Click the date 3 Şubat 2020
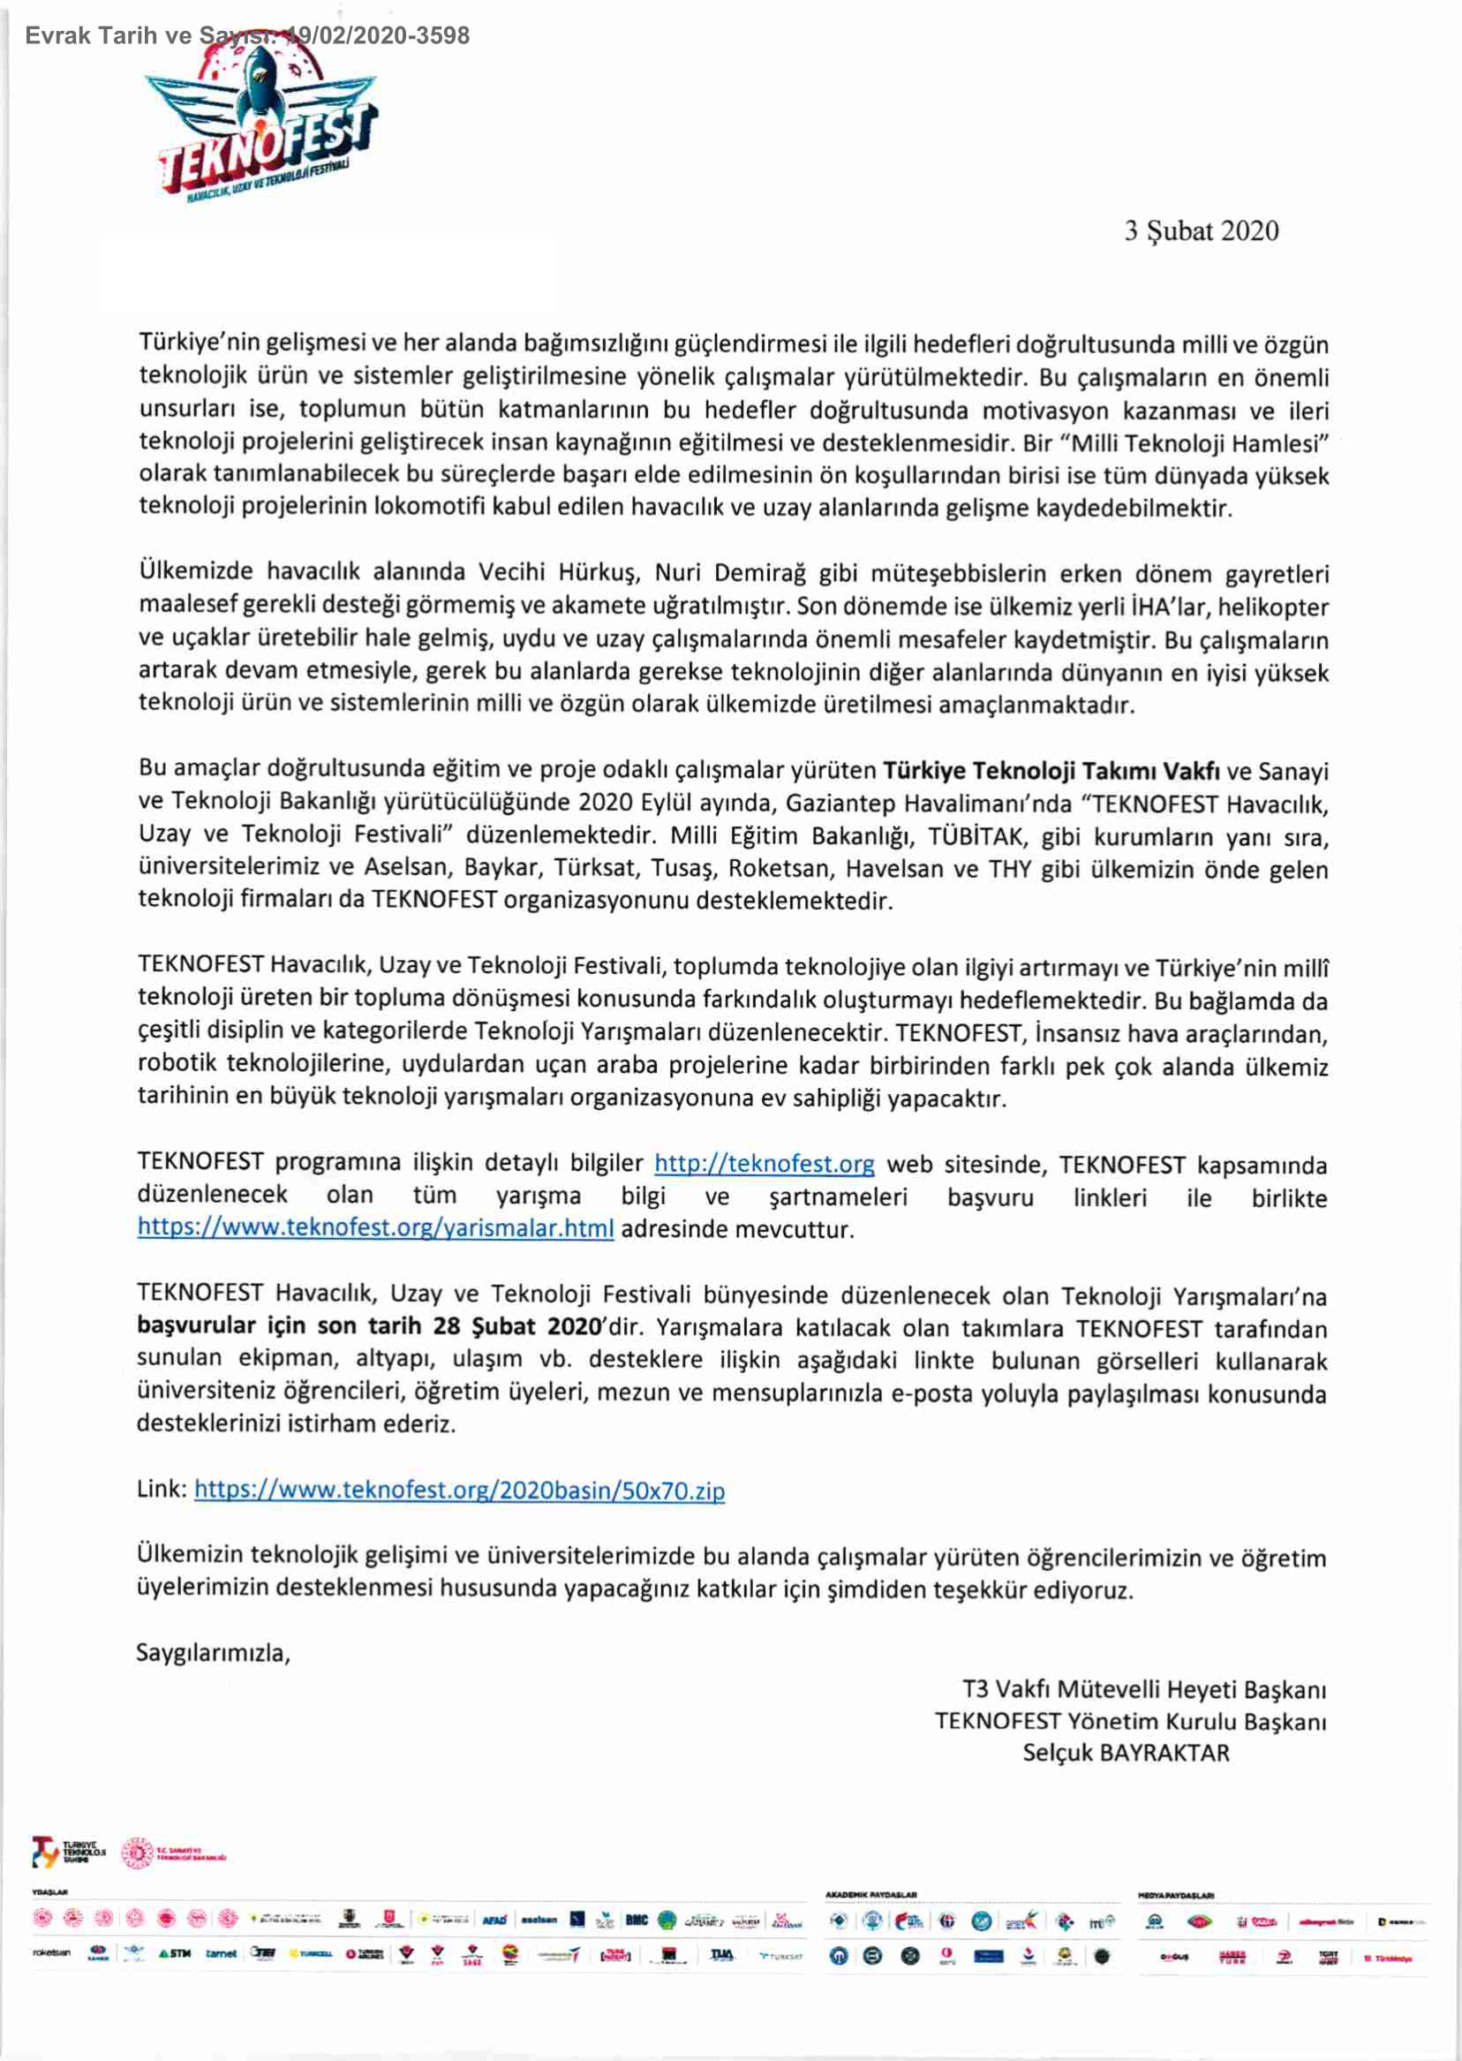tap(1200, 231)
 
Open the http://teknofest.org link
tap(764, 1163)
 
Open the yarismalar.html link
tap(375, 1228)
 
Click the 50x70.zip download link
tap(459, 1491)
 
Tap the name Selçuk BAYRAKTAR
tap(1126, 1753)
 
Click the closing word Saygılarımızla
tap(213, 1653)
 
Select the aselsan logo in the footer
tap(539, 1920)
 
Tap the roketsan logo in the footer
tap(51, 1953)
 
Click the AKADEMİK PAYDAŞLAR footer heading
tap(870, 1895)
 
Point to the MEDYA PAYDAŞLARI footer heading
tap(1176, 1895)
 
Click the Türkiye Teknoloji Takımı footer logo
tap(68, 1852)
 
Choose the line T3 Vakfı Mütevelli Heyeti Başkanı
tap(1143, 1689)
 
